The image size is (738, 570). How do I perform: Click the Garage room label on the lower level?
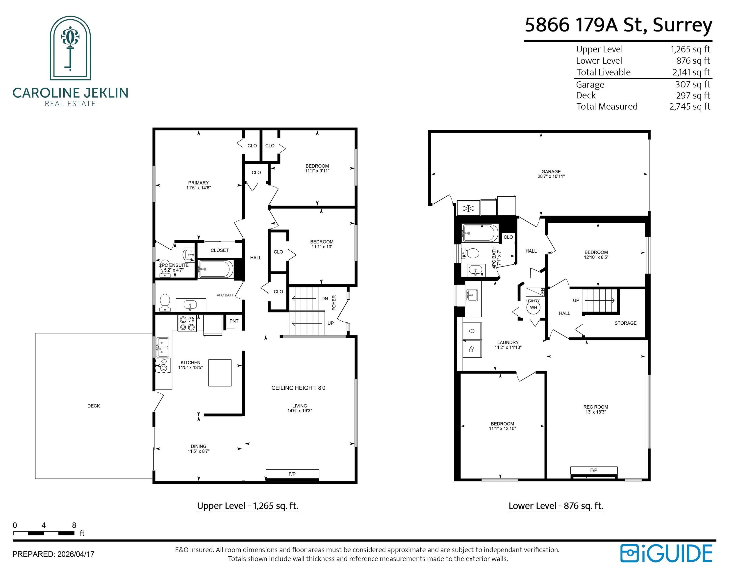tap(551, 171)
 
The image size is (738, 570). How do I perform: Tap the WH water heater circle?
tap(534, 307)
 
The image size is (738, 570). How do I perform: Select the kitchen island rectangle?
tap(220, 373)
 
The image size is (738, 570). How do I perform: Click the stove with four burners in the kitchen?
tap(187, 323)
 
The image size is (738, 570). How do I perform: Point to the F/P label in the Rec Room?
tap(594, 470)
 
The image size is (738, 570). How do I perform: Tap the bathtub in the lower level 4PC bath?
tap(480, 233)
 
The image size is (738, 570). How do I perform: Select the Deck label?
tap(94, 406)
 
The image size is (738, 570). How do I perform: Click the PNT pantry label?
tap(234, 321)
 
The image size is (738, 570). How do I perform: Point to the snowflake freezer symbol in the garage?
tap(468, 208)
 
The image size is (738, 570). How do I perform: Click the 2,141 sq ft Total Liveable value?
tap(691, 72)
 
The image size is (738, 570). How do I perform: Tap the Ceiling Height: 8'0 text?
tap(298, 388)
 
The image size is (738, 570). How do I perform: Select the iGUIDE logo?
tap(666, 553)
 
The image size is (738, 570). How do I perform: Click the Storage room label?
tap(625, 323)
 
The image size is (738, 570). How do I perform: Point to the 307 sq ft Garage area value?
tap(693, 84)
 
